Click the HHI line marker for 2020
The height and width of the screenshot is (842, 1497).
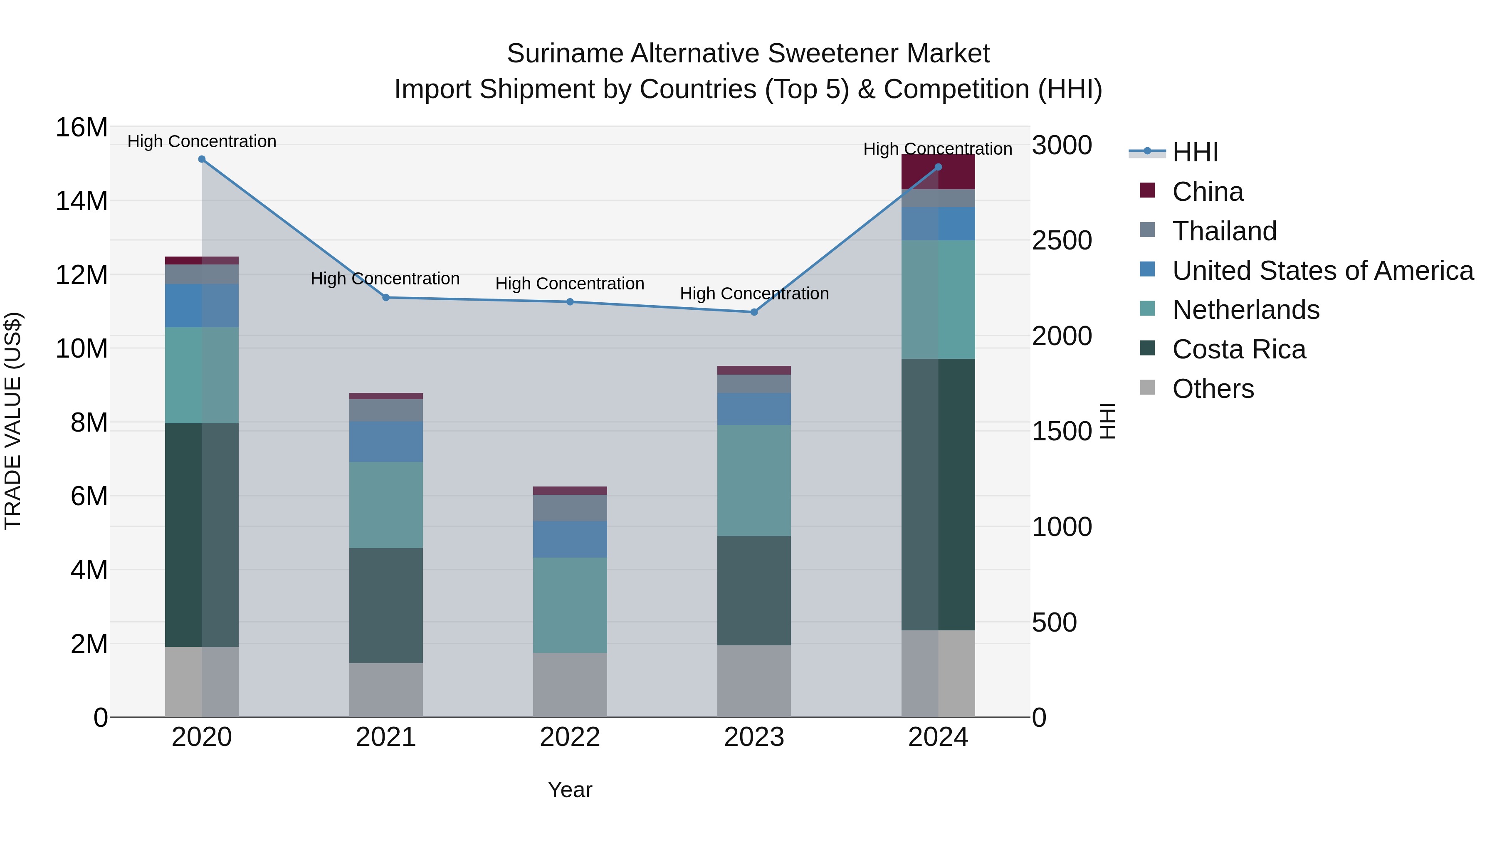(202, 159)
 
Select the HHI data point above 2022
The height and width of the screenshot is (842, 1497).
(570, 302)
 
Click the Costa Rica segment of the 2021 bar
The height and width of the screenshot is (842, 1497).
(386, 605)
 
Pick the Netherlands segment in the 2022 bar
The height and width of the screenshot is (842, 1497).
(570, 605)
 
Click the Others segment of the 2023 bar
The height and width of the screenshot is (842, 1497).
(754, 681)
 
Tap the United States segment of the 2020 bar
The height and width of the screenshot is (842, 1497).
(202, 306)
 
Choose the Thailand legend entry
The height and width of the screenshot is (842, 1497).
(1224, 231)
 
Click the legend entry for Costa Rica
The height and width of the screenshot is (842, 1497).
(1238, 350)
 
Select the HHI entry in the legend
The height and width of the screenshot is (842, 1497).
(1195, 152)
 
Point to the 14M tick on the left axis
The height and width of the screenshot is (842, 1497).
(82, 201)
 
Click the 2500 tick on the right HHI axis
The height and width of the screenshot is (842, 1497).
(1062, 241)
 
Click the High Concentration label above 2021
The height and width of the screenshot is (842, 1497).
(385, 279)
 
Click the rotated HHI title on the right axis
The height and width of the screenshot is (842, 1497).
(1108, 421)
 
